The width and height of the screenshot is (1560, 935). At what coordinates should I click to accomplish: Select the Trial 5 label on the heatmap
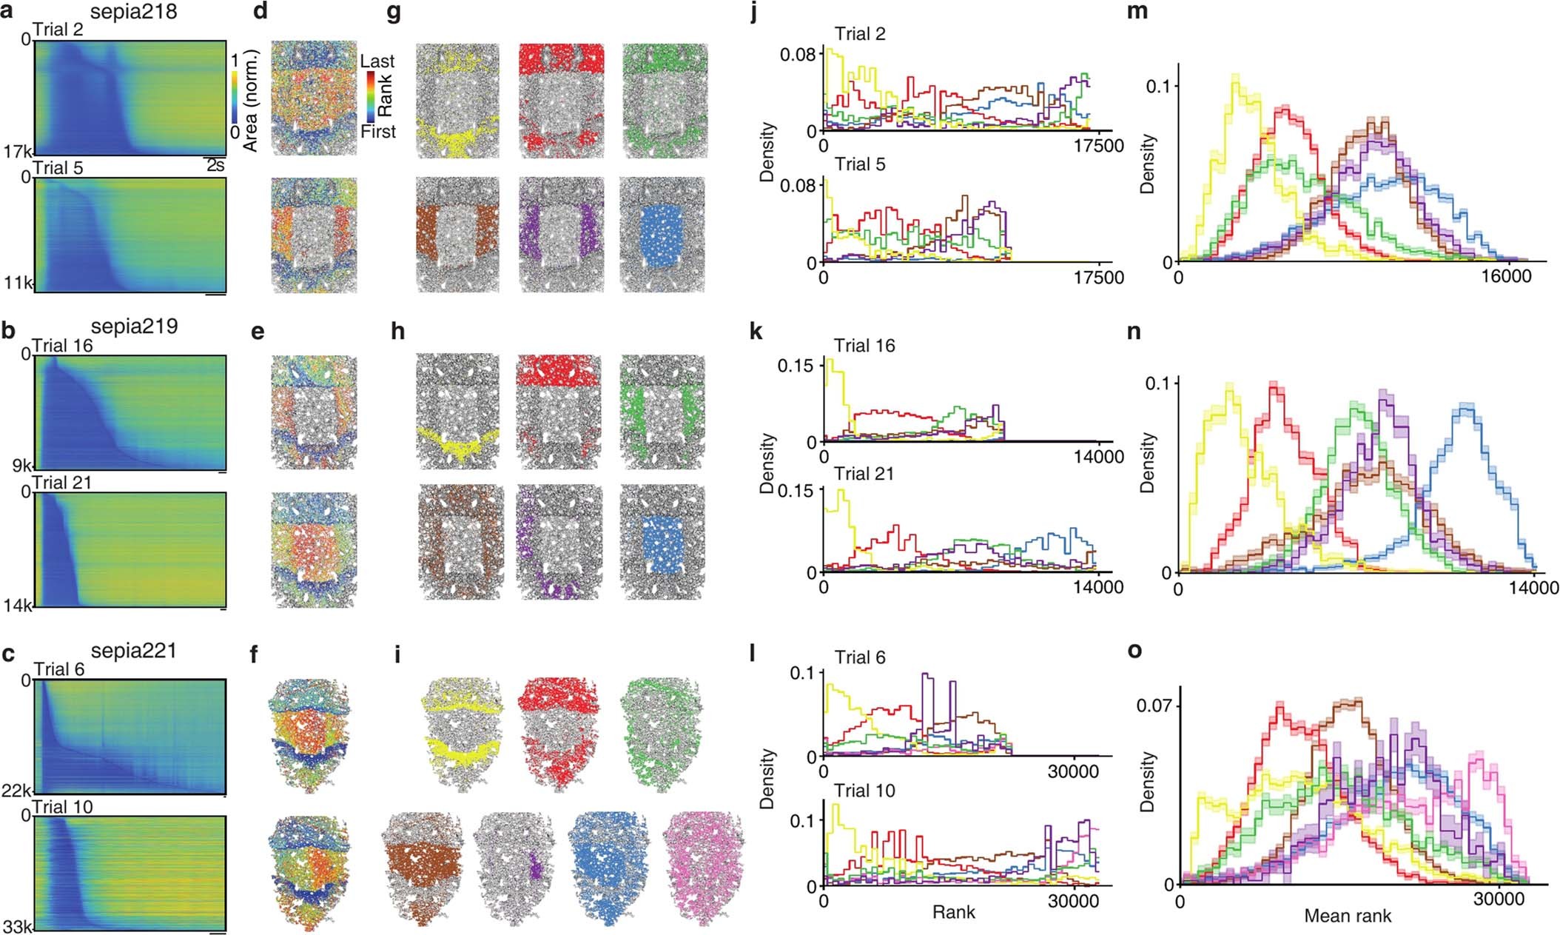pos(58,168)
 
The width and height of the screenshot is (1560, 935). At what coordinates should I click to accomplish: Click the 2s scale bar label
pos(215,166)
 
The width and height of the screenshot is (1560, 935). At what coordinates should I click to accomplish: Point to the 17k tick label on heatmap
pos(16,153)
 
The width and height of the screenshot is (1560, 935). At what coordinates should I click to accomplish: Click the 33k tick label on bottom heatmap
pos(16,925)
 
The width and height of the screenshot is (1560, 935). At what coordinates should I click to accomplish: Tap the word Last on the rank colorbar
pos(377,61)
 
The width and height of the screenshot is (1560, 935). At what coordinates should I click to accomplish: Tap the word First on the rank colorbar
pos(377,132)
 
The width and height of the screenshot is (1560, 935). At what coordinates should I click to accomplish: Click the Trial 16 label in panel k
pos(864,346)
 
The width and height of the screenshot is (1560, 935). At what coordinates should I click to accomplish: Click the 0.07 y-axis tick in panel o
pos(1154,705)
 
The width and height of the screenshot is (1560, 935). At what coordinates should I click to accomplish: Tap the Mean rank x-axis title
pos(1348,916)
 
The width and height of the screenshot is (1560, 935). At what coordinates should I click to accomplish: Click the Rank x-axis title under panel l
pos(954,912)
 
